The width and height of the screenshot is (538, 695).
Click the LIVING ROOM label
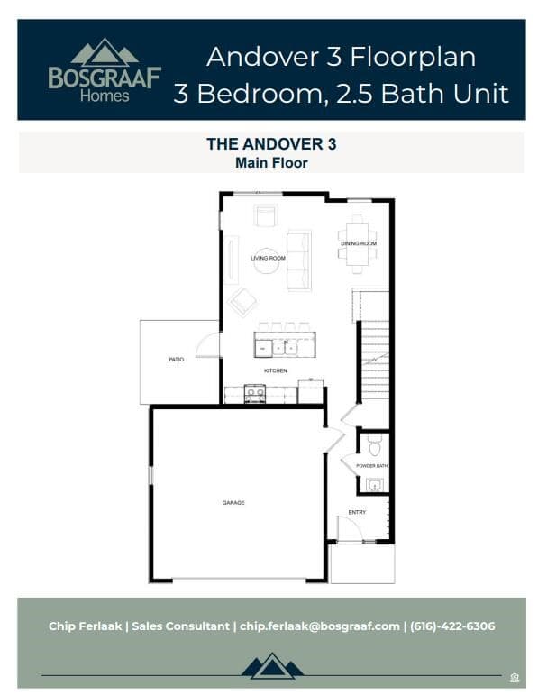[x=268, y=259]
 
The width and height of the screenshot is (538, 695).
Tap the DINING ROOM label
[x=358, y=244]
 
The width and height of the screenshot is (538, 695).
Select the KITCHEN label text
[x=275, y=371]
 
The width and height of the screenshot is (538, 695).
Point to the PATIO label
[x=177, y=360]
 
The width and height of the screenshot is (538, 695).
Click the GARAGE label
[x=233, y=502]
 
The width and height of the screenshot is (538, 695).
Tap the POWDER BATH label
[x=371, y=465]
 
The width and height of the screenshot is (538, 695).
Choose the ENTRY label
[x=358, y=512]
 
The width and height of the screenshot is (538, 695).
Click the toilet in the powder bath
[x=375, y=444]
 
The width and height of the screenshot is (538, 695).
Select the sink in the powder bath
[x=375, y=484]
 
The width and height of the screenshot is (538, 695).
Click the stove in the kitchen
[x=256, y=392]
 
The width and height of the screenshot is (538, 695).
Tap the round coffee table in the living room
[x=267, y=260]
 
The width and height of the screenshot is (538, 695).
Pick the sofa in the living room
[x=298, y=261]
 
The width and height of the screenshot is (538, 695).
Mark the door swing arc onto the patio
[x=206, y=345]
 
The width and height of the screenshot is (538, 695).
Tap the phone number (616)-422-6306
[x=452, y=626]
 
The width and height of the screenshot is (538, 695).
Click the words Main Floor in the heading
[x=271, y=163]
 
